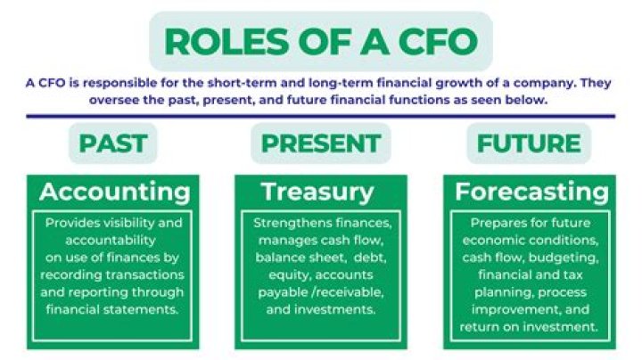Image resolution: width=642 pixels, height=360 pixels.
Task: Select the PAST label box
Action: [113, 143]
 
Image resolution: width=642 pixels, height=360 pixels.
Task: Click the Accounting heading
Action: [114, 192]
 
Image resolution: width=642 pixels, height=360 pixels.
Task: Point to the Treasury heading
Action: [317, 192]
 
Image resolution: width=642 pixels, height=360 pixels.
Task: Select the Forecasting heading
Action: [532, 192]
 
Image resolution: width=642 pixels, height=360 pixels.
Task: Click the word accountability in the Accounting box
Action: [101, 240]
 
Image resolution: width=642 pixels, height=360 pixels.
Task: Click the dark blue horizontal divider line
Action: [321, 115]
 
